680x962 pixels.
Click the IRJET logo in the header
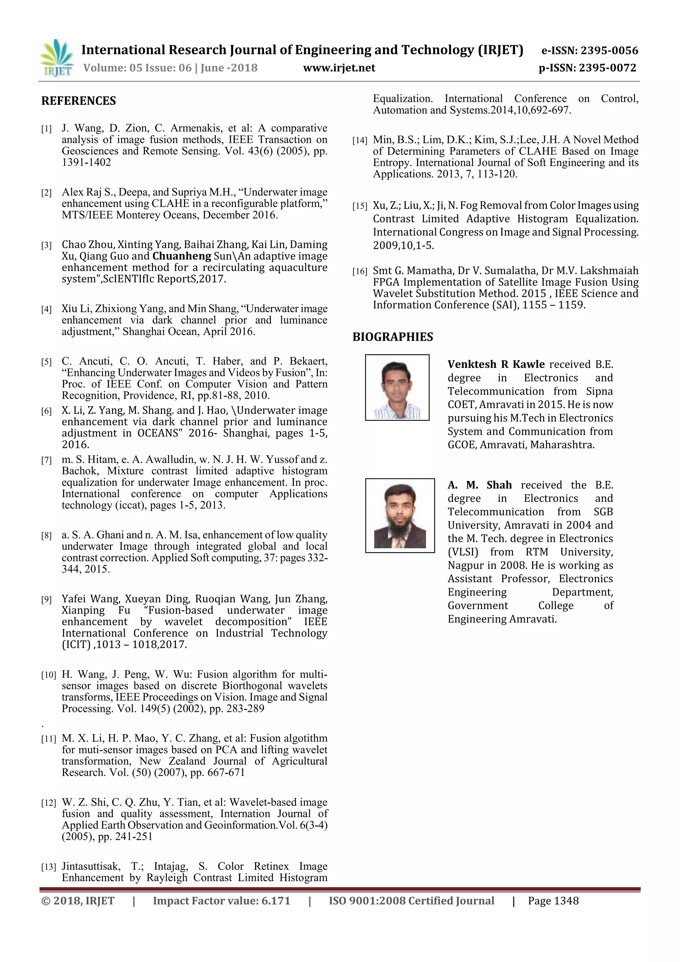pyautogui.click(x=56, y=58)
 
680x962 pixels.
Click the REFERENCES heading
pyautogui.click(x=78, y=101)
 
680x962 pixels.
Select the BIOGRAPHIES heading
pyautogui.click(x=392, y=337)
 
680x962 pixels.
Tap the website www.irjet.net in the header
pyautogui.click(x=339, y=68)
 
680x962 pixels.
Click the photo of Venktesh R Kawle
pyautogui.click(x=397, y=388)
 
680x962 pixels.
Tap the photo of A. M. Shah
pyautogui.click(x=400, y=515)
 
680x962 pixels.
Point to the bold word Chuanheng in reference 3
pyautogui.click(x=181, y=256)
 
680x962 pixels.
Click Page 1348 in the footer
pyautogui.click(x=553, y=901)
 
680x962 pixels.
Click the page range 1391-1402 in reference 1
pyautogui.click(x=86, y=162)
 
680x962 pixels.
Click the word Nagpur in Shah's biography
pyautogui.click(x=466, y=565)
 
